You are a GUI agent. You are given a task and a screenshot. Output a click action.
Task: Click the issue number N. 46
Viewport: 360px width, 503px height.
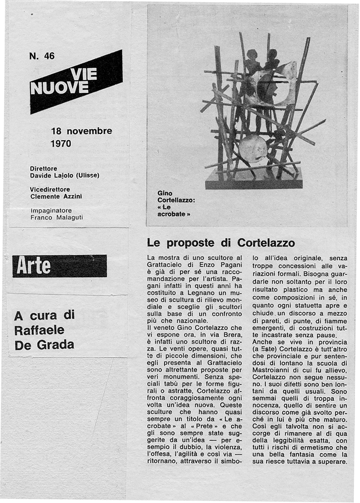tap(42, 56)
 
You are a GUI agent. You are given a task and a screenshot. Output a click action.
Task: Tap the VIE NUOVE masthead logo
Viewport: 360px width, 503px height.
tap(76, 81)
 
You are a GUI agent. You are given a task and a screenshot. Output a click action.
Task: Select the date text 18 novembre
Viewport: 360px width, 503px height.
tap(81, 131)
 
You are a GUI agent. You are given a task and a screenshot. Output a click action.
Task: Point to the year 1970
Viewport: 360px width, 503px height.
tap(61, 144)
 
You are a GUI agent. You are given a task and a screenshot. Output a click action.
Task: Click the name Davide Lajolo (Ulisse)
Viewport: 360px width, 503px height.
tap(65, 175)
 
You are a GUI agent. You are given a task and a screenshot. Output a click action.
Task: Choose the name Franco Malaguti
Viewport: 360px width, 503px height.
tap(57, 217)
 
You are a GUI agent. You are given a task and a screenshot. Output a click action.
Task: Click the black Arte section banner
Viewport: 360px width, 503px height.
tap(59, 266)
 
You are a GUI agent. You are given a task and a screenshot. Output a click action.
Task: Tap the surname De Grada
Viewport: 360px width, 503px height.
tap(44, 345)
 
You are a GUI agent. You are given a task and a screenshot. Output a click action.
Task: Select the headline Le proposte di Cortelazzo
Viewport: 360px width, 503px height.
tap(221, 243)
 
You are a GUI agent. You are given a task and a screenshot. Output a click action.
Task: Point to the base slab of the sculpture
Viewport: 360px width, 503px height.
tap(254, 182)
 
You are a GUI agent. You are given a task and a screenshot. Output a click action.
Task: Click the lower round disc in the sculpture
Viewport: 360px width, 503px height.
tap(253, 148)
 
